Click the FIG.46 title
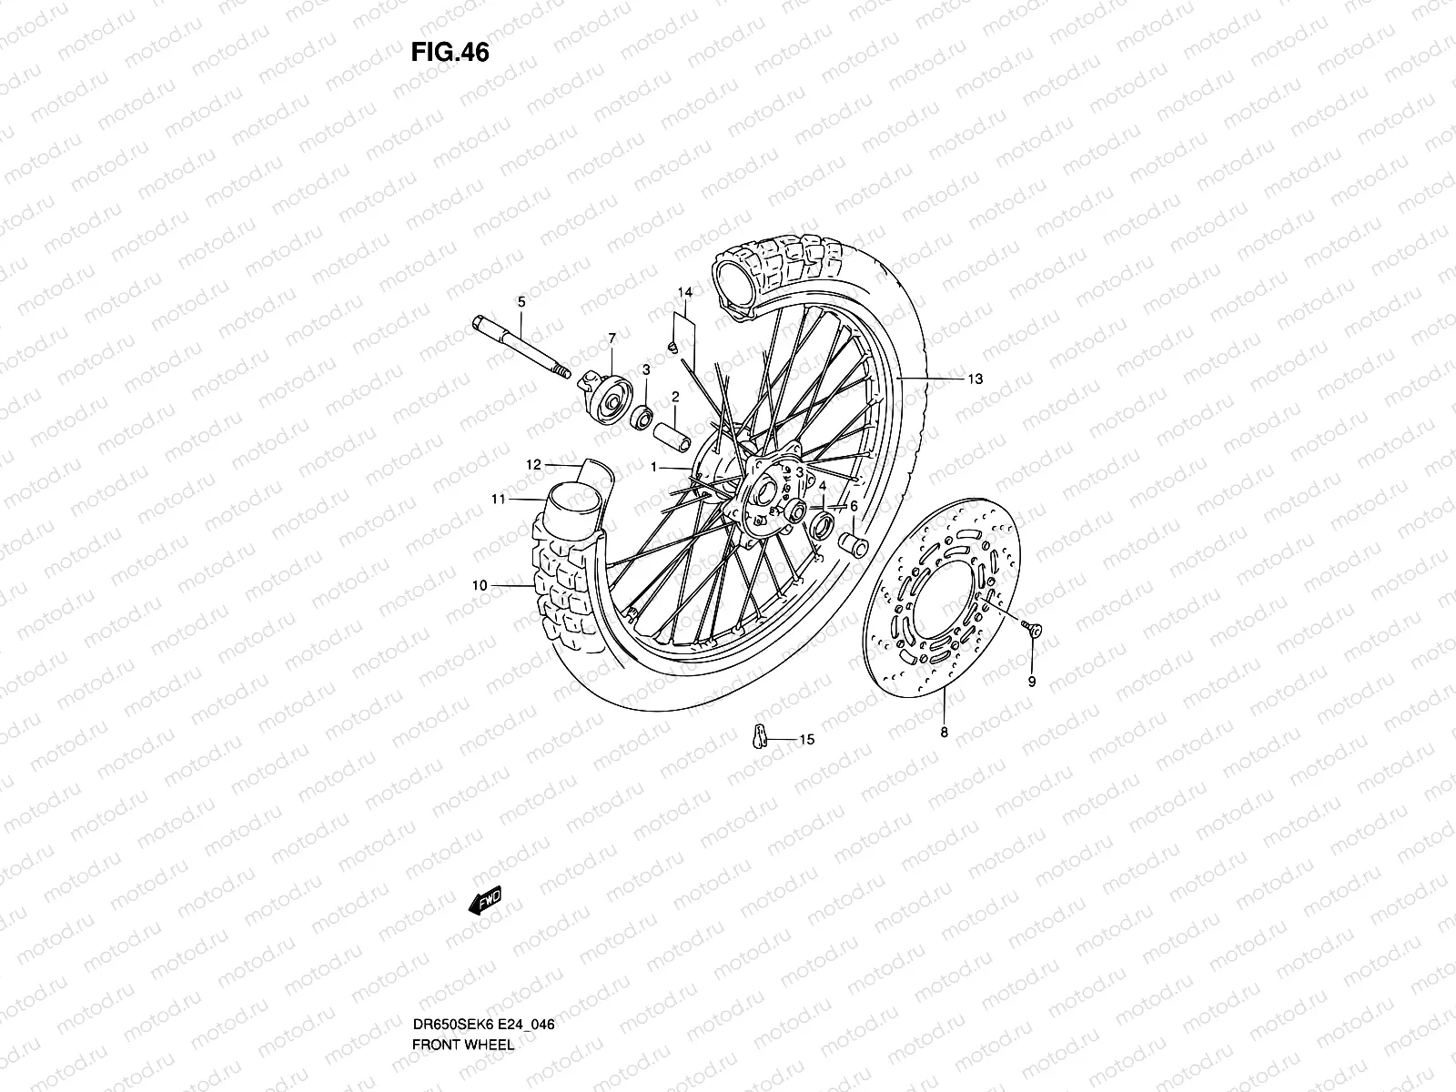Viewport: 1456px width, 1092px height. coord(450,53)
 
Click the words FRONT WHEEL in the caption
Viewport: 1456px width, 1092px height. coord(463,994)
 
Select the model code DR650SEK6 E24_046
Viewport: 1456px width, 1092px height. coord(483,974)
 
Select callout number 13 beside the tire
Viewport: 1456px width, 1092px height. coord(976,379)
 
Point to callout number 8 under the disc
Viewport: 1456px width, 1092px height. coord(944,732)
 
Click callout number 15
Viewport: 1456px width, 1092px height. coord(807,740)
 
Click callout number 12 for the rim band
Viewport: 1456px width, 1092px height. coord(534,465)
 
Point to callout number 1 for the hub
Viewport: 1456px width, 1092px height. coord(653,467)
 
